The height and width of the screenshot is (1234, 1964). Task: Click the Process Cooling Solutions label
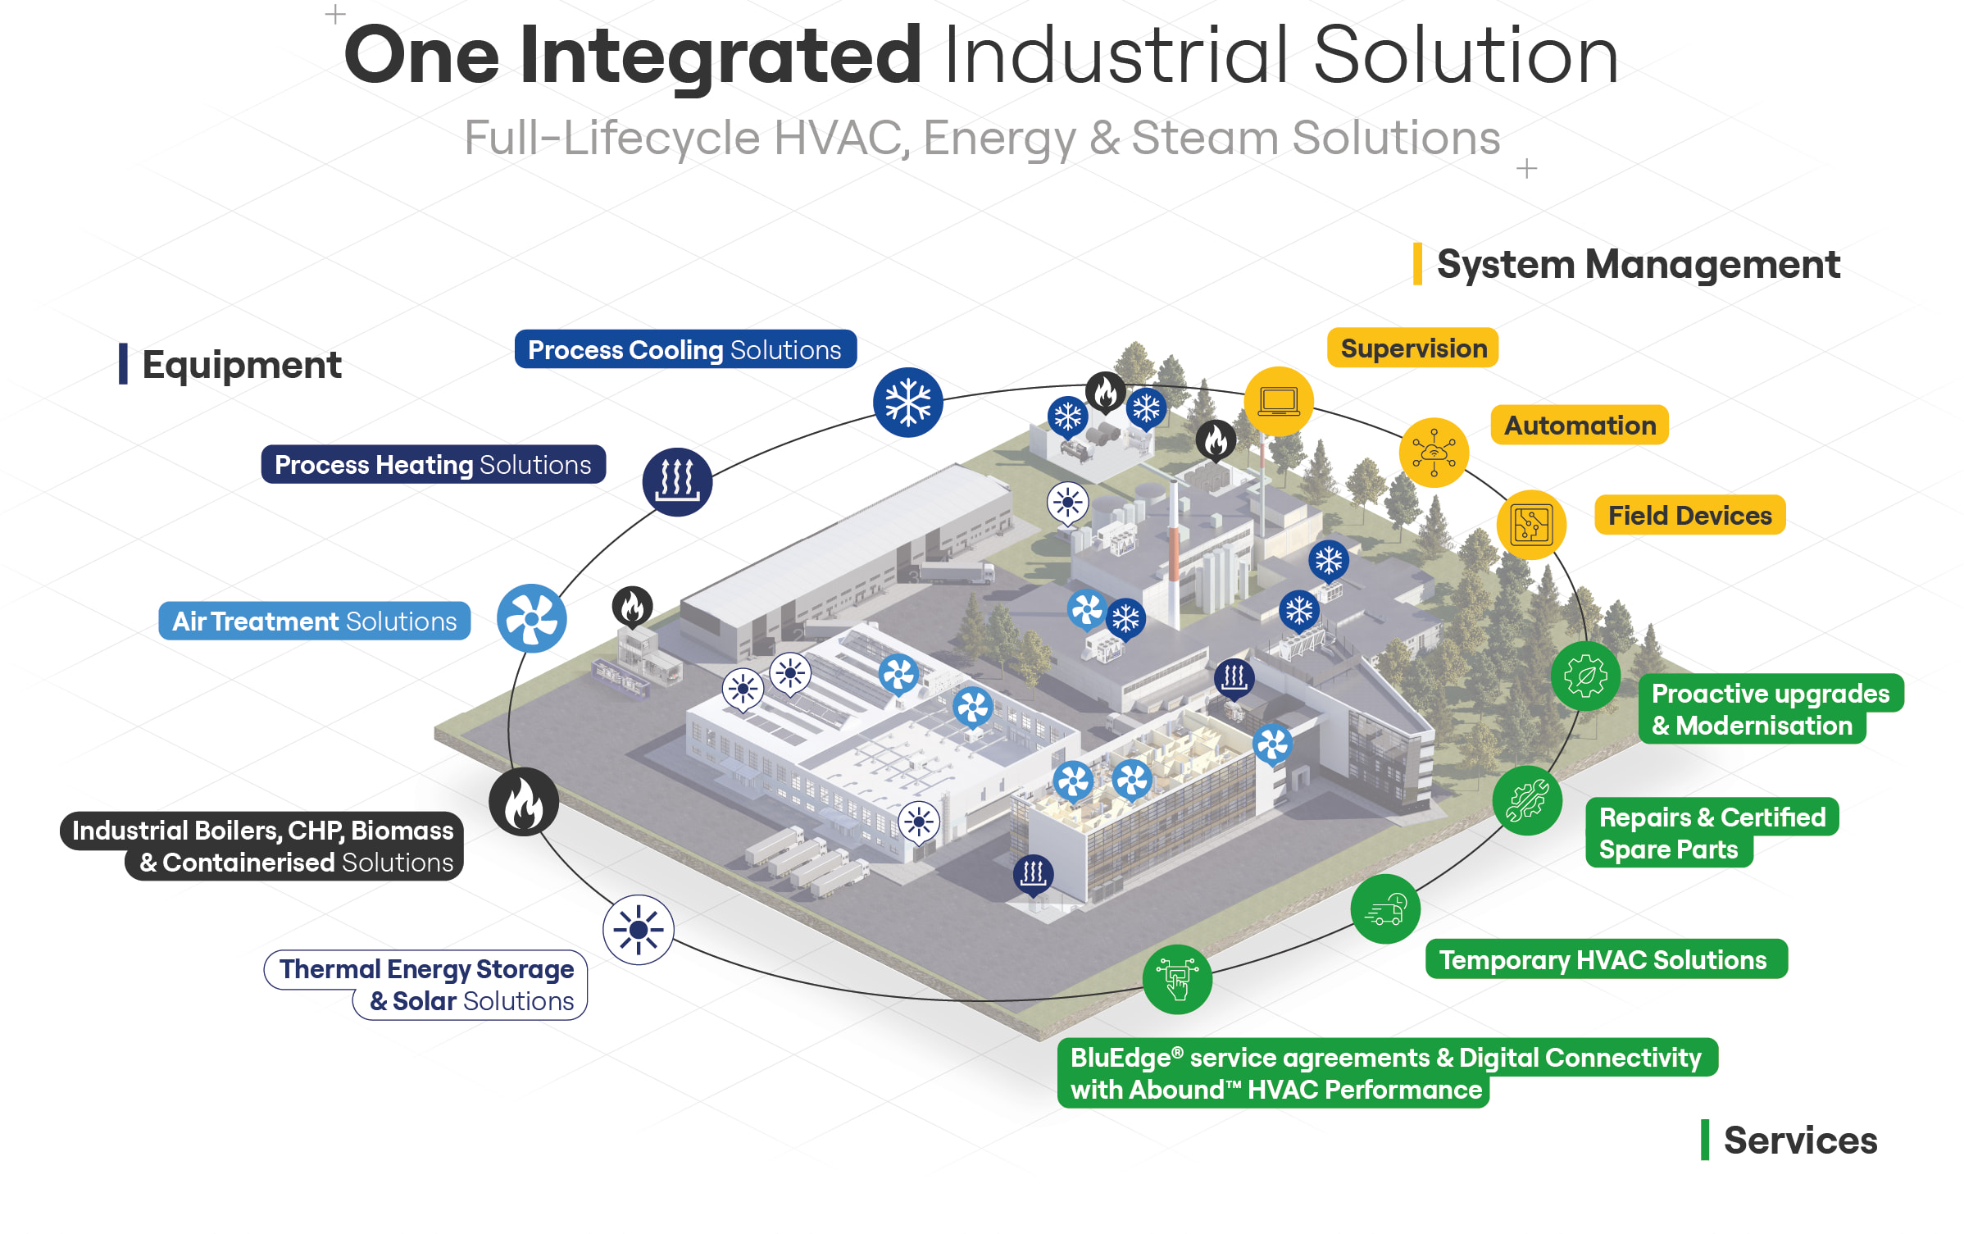[685, 349]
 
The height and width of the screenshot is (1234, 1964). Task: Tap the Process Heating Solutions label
[433, 465]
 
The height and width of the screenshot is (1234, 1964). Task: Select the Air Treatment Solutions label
[315, 622]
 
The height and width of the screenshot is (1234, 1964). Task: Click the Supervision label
[1413, 348]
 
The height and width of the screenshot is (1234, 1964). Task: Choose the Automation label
[1580, 426]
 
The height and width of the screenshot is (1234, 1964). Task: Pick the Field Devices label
[1689, 516]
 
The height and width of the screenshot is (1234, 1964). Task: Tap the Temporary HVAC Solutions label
[1606, 959]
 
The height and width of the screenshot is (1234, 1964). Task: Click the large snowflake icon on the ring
[908, 403]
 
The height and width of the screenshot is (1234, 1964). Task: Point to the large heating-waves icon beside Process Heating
[677, 481]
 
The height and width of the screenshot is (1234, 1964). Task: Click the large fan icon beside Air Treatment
[532, 618]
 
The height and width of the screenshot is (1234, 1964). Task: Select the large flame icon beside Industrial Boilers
[524, 802]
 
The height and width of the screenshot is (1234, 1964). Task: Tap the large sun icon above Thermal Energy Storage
[639, 930]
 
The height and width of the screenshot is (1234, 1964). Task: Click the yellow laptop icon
[1279, 402]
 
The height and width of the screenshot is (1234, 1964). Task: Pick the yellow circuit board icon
[1531, 525]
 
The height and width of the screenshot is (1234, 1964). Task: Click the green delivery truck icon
[1385, 909]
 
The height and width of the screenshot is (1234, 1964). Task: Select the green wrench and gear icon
[1527, 801]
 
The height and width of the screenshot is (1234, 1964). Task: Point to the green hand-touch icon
[1177, 979]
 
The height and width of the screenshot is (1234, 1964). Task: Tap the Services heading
[1800, 1141]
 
